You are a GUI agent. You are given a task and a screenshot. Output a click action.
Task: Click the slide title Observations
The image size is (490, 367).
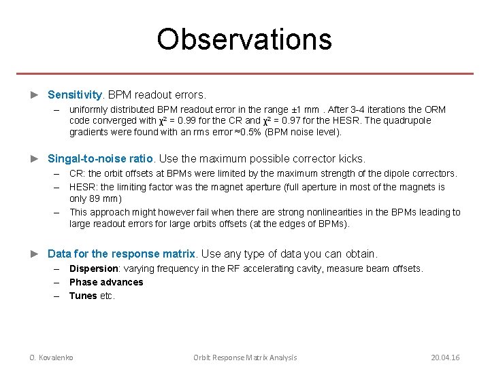pyautogui.click(x=244, y=39)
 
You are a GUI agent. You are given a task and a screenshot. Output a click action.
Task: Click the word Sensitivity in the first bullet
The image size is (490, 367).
pyautogui.click(x=75, y=94)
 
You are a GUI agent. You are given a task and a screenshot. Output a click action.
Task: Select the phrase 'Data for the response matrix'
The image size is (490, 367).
pyautogui.click(x=121, y=254)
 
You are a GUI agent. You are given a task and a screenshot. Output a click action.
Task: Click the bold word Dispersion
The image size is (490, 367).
pyautogui.click(x=94, y=268)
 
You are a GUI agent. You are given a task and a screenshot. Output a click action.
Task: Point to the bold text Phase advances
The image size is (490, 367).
pyautogui.click(x=106, y=282)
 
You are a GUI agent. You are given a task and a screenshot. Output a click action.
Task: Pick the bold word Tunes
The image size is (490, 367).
pyautogui.click(x=83, y=296)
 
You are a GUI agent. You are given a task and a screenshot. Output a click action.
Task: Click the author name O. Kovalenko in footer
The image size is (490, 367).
pyautogui.click(x=51, y=357)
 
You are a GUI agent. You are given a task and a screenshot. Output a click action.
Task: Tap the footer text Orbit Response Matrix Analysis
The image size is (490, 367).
pyautogui.click(x=245, y=357)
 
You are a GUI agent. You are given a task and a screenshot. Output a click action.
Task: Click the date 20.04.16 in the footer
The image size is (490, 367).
pyautogui.click(x=445, y=357)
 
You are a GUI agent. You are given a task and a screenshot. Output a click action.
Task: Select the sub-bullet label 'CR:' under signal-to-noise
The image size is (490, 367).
pyautogui.click(x=77, y=174)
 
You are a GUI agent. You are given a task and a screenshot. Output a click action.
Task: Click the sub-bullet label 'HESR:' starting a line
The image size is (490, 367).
pyautogui.click(x=83, y=187)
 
